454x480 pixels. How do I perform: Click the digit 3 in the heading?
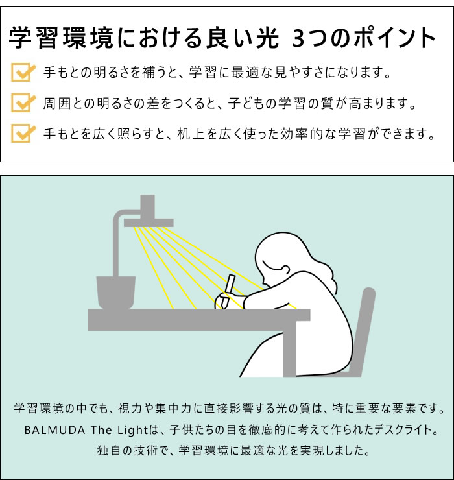point(300,38)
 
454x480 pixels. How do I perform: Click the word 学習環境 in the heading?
point(61,38)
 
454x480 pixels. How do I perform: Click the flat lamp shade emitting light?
point(149,222)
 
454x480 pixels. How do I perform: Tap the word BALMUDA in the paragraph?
point(54,430)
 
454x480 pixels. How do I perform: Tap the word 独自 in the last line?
point(109,450)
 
